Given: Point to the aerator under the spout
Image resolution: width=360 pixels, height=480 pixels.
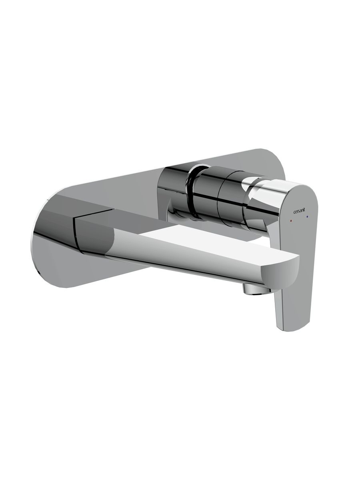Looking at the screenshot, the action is click(256, 291).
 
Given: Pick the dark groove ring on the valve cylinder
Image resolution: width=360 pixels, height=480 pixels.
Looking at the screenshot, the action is click(193, 195).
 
